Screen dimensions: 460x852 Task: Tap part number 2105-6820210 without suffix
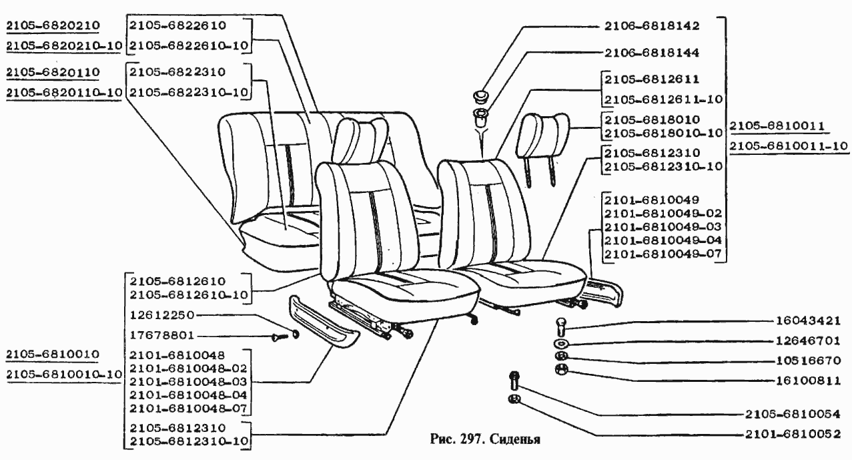53,26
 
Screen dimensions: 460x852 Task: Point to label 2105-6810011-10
789,146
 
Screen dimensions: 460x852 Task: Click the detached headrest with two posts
544,137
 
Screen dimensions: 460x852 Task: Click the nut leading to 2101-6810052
514,399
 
